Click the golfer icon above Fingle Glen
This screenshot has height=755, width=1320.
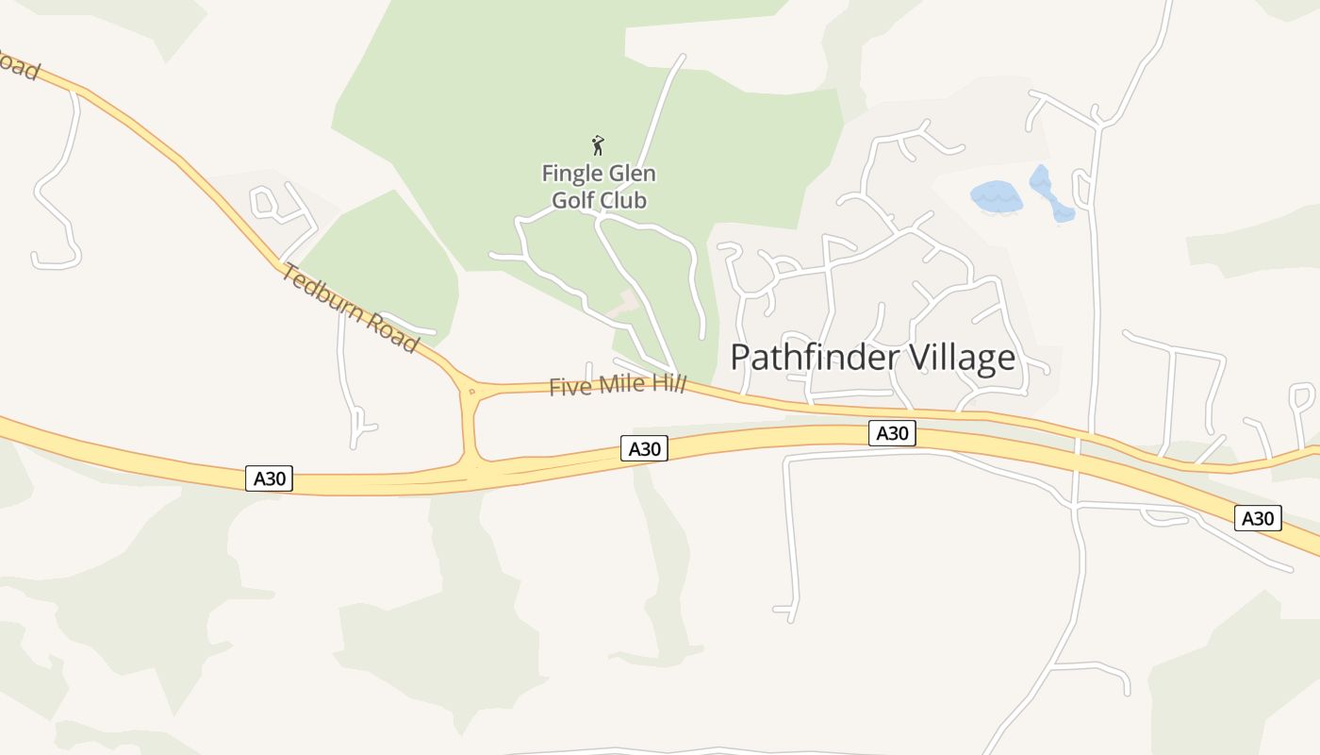coord(597,145)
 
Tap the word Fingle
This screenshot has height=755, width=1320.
coord(569,175)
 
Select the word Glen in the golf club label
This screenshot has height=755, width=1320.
coord(630,175)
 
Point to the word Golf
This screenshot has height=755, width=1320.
coord(573,201)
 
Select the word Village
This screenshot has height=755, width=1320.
coord(962,359)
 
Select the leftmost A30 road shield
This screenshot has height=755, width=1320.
coord(270,478)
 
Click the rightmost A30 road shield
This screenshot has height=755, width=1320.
coord(1258,518)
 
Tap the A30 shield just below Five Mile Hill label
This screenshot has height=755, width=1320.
coord(644,448)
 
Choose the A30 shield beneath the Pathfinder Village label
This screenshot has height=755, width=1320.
coord(892,433)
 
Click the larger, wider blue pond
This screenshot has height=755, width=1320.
coord(997,197)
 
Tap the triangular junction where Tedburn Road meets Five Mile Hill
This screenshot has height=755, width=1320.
coord(470,390)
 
